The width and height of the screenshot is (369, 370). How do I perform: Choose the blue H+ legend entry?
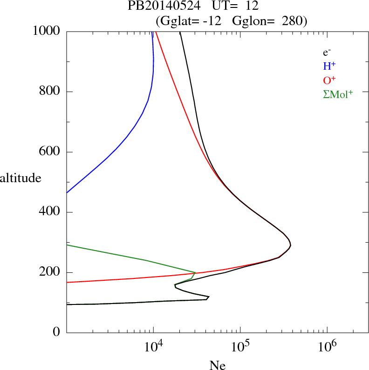[329, 66]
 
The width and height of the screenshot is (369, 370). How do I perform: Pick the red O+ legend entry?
[329, 80]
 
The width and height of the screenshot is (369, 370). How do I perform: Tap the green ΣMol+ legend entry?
[338, 94]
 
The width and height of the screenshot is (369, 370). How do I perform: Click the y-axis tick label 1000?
[47, 31]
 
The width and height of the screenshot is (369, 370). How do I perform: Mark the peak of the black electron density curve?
[290, 244]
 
